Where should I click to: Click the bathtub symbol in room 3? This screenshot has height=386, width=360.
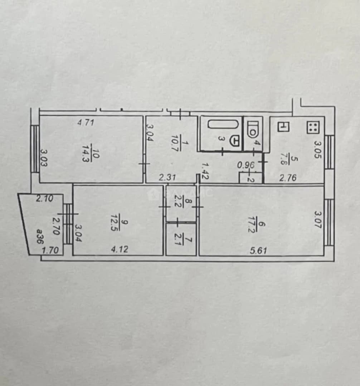[x=223, y=124]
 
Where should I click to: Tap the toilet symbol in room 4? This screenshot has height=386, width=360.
[x=253, y=129]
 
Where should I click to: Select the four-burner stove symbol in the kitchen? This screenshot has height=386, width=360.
[x=313, y=127]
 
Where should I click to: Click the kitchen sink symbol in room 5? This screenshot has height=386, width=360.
[x=284, y=127]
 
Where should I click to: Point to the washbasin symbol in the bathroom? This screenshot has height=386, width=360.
[x=235, y=141]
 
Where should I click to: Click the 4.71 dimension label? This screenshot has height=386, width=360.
[x=86, y=122]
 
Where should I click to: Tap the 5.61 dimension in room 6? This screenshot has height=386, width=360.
[x=258, y=251]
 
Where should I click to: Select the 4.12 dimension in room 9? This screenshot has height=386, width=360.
[x=120, y=249]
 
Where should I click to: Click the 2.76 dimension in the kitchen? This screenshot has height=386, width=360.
[x=288, y=178]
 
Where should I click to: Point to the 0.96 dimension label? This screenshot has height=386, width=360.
[x=246, y=165]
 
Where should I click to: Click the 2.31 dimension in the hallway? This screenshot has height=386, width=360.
[x=167, y=177]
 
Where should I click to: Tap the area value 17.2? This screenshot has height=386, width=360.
[x=253, y=224]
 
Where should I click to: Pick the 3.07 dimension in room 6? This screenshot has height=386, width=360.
[x=318, y=219]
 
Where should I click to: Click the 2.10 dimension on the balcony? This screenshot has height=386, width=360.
[x=44, y=198]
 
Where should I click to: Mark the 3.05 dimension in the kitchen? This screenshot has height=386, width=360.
[x=318, y=149]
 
